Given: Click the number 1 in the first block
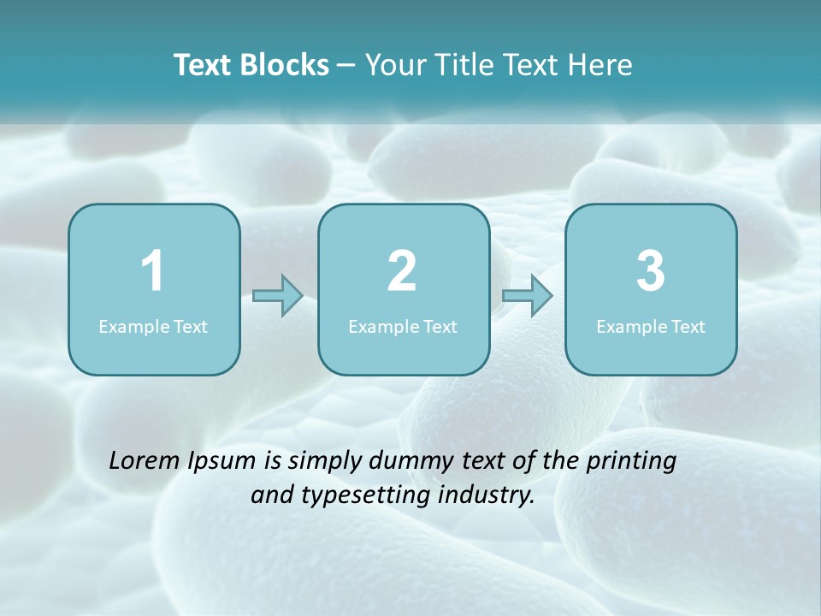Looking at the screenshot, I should coord(152,271).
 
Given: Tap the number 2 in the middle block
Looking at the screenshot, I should coord(402,271).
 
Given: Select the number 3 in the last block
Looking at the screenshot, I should coord(651,271).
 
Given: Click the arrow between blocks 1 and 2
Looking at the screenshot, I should coord(278,296).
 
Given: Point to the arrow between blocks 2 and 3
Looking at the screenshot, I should coord(527,296).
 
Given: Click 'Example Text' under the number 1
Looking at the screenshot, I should coord(153,326).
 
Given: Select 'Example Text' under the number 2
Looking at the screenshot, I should coord(403,326).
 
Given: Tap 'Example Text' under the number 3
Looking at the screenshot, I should coord(651,326).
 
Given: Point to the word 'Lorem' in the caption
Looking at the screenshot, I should coord(145,461).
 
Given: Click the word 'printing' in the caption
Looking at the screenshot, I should coord(631,462).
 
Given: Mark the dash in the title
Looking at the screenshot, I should coord(346,66).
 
